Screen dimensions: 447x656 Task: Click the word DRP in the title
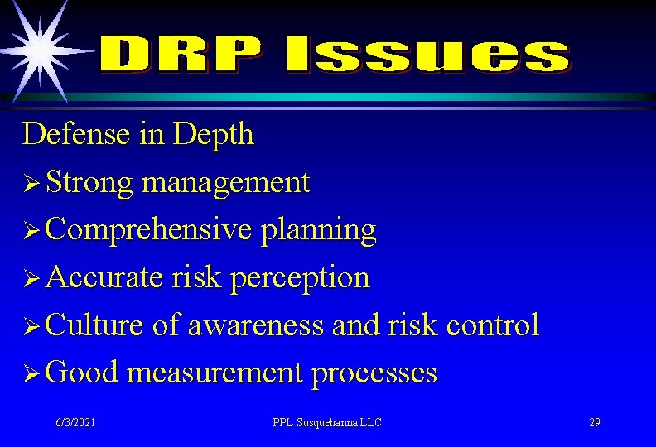coord(186,55)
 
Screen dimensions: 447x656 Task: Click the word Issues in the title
coord(427,55)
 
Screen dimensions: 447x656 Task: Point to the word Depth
coord(213,134)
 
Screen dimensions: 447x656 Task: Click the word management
coord(225,182)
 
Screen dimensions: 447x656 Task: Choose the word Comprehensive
coord(149,230)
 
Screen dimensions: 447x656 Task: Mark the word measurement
coord(215,373)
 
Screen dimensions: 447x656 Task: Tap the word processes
coord(374,373)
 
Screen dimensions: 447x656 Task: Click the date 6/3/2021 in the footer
coord(75,423)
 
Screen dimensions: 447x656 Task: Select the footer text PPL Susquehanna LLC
coord(327,423)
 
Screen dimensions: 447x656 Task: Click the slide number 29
coord(594,423)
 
